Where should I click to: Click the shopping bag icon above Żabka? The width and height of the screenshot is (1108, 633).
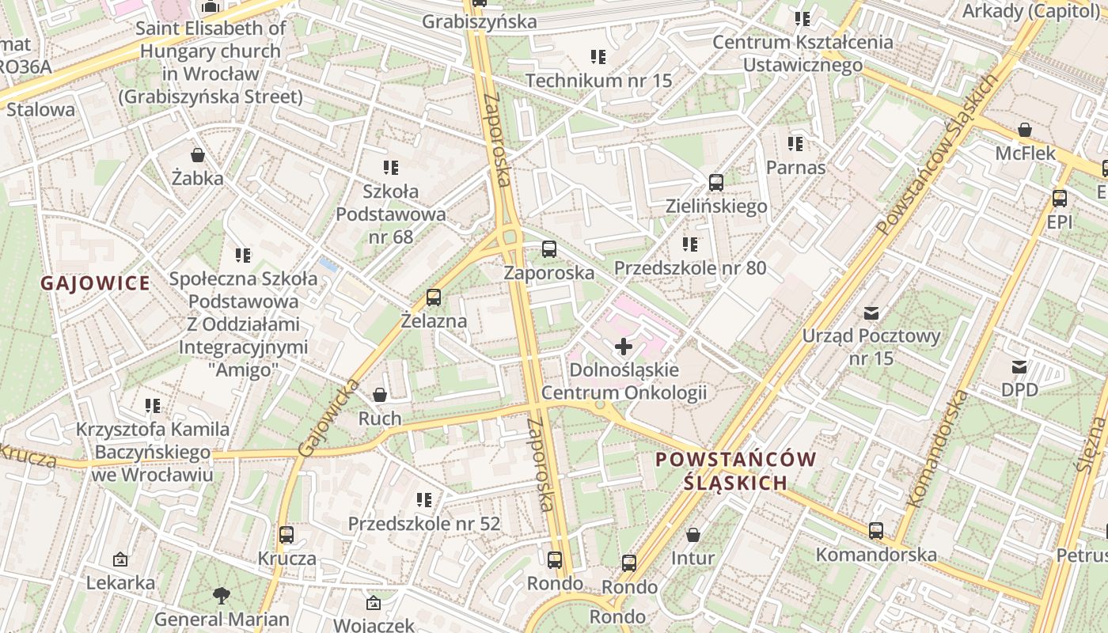point(197,155)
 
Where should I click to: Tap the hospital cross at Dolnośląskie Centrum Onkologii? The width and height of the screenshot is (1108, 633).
point(624,347)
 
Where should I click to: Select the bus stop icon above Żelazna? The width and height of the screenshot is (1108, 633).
point(433,298)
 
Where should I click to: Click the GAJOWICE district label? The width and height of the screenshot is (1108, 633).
point(95,283)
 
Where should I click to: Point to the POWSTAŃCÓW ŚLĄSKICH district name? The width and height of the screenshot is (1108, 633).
point(736,471)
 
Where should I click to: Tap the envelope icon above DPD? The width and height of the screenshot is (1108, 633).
point(1019,366)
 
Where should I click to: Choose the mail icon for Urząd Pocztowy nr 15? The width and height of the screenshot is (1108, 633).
point(871,313)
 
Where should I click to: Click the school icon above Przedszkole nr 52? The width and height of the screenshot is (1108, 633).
point(424,500)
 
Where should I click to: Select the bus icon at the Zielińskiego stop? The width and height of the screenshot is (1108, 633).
point(716,183)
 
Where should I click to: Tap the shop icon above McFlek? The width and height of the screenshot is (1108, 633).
point(1025,130)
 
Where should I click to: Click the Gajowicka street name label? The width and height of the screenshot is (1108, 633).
point(328,418)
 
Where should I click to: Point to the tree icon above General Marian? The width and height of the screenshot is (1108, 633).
point(222,595)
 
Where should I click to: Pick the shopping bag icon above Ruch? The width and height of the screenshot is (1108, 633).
point(380,395)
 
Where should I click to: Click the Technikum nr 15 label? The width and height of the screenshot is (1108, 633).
point(598,80)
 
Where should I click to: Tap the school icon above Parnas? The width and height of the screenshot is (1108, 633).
point(795,144)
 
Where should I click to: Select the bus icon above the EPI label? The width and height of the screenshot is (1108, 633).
point(1059,199)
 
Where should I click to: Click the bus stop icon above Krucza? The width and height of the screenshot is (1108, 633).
point(286,535)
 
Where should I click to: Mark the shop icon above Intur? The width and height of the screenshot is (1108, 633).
point(692,535)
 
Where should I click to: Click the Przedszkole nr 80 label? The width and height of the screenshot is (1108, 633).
point(690,267)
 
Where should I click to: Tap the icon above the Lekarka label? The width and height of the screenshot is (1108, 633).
point(120,559)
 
